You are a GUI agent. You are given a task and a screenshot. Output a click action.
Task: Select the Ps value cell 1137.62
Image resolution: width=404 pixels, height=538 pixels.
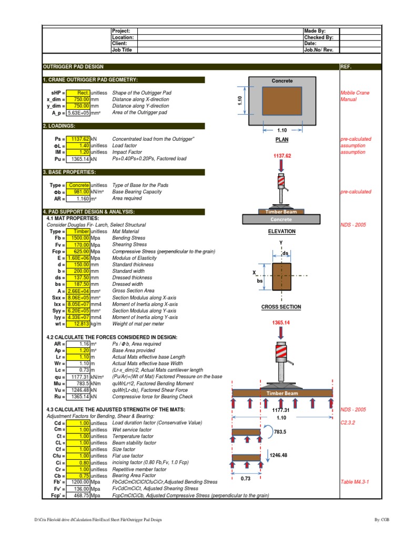[x=78, y=139]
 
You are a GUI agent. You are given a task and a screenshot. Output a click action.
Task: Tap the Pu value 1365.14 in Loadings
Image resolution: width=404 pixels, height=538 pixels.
[x=78, y=159]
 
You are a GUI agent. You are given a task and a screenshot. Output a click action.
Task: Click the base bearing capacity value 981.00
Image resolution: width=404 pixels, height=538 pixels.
[x=78, y=192]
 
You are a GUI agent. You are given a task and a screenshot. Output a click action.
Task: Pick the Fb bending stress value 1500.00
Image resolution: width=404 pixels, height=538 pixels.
[x=78, y=238]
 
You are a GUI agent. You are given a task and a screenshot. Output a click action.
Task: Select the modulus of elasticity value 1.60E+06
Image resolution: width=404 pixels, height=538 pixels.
[x=78, y=258]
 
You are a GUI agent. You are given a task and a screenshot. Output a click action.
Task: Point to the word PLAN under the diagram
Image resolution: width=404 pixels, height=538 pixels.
[x=282, y=140]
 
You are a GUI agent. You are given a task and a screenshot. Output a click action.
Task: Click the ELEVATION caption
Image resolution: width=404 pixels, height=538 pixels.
[x=281, y=231]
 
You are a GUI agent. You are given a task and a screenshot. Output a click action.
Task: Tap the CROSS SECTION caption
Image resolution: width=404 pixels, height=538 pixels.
[x=281, y=307]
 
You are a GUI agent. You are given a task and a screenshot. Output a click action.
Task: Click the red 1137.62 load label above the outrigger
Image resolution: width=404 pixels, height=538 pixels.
[x=282, y=156]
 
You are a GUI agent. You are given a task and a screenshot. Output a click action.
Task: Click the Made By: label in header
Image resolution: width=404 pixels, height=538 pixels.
[x=315, y=31]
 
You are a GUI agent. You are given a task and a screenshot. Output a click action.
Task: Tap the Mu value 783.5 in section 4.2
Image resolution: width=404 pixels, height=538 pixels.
[x=78, y=383]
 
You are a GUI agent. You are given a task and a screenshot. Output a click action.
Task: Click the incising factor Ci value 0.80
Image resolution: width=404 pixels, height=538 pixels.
[x=78, y=462]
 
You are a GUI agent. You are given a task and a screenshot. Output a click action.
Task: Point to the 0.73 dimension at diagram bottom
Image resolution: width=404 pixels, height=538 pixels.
[x=245, y=479]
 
